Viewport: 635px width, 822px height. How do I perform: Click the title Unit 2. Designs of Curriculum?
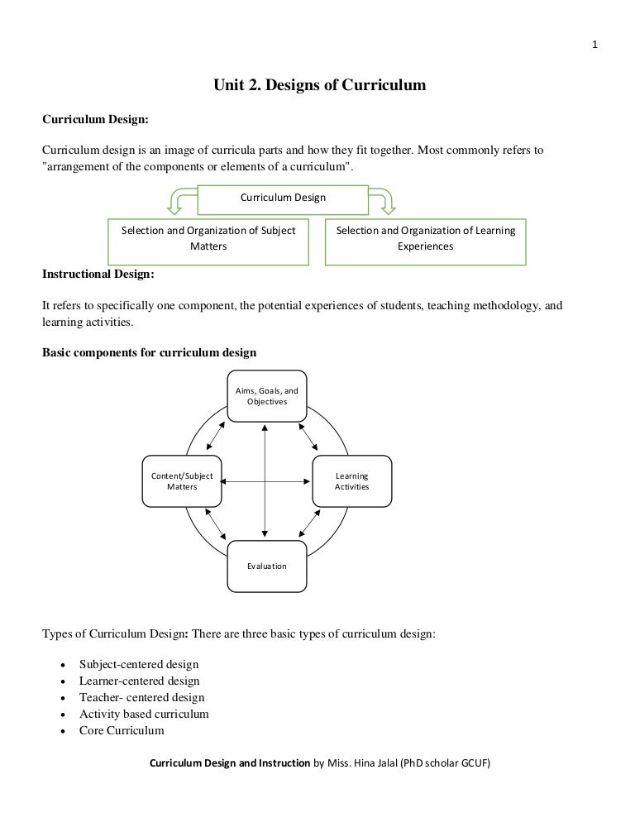(319, 84)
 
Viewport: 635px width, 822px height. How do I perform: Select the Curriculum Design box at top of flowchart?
(283, 198)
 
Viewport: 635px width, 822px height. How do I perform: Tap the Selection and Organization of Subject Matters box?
(208, 238)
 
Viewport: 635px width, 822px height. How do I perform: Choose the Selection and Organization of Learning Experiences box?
(425, 238)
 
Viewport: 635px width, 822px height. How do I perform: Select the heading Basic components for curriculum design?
(149, 352)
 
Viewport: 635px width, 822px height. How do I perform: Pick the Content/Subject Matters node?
(182, 481)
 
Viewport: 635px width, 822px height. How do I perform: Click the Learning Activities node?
(351, 481)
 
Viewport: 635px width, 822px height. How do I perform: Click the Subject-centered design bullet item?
(139, 664)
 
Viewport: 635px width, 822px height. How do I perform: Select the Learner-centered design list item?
(139, 681)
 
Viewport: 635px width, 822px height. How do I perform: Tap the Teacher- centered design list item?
(141, 697)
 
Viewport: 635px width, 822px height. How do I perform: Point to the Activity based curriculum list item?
(144, 714)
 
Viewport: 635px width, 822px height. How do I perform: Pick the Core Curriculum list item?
(122, 730)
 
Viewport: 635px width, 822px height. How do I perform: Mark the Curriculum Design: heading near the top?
(95, 119)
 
